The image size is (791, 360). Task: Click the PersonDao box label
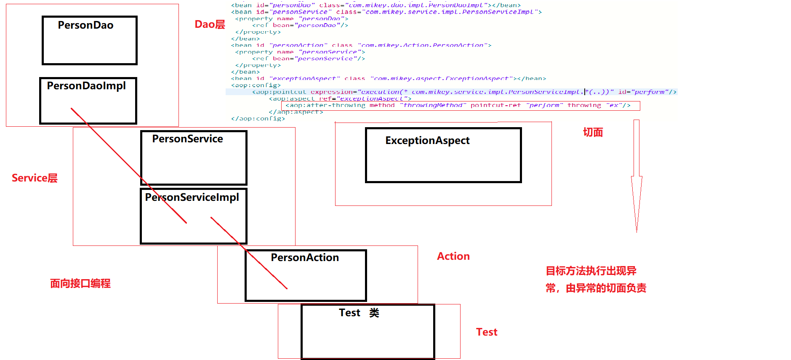pos(85,25)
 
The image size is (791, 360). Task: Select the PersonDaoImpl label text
pos(86,86)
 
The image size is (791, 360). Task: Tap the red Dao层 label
pos(210,24)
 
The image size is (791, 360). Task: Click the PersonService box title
pos(187,139)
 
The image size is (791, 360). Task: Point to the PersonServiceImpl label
pos(192,197)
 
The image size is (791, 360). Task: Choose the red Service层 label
pos(35,178)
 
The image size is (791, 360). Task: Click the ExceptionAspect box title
pos(427,141)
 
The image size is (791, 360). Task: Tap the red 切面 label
pos(593,133)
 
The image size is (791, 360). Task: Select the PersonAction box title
pos(305,258)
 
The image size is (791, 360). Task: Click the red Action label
pos(453,256)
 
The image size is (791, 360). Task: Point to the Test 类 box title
pos(359,313)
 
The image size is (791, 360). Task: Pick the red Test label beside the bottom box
pos(487,332)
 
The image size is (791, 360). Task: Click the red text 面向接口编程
pos(80,283)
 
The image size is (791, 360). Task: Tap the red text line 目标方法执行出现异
pos(591,271)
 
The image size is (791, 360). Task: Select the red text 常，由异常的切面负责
pos(596,288)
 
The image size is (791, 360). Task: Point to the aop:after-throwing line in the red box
pos(458,105)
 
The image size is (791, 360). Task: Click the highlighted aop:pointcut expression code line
pos(463,92)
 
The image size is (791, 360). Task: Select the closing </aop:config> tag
pos(258,119)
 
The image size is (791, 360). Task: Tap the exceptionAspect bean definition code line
pos(387,79)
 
